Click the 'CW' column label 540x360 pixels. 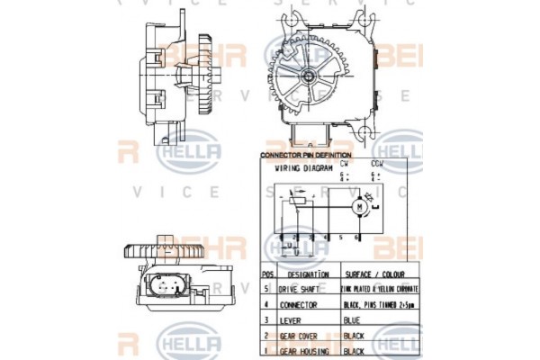tap(344, 165)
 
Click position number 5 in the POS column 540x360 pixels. tap(267, 289)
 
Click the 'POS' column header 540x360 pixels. tap(267, 274)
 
